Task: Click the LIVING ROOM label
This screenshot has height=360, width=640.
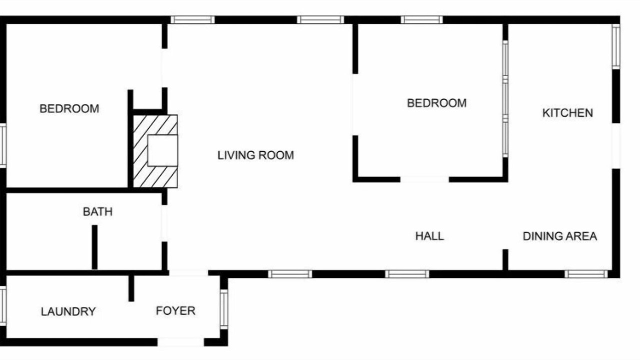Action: [255, 155]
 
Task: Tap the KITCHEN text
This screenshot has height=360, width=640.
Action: [567, 113]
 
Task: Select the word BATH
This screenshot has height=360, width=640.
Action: [97, 211]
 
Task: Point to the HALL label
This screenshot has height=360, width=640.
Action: [429, 236]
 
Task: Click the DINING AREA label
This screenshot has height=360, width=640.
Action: [559, 236]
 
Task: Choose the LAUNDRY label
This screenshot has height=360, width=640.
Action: [68, 311]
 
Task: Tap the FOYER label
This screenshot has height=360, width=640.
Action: [175, 310]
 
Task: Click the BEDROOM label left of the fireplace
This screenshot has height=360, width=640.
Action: [69, 108]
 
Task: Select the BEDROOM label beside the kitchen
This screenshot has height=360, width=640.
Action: [437, 103]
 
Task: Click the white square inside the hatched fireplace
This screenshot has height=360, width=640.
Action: [162, 150]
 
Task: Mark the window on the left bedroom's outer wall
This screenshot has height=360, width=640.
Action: [3, 145]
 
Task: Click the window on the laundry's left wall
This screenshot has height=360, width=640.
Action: [3, 305]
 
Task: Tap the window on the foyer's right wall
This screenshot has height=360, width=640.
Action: [224, 309]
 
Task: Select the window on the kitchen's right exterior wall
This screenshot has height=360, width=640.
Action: [616, 46]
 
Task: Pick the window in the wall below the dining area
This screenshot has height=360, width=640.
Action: [586, 274]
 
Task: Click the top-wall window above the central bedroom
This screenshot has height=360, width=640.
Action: [421, 19]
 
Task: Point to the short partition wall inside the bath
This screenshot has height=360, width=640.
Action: [94, 247]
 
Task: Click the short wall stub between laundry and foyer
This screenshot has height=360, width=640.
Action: [131, 288]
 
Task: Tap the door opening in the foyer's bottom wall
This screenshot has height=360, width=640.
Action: [180, 342]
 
